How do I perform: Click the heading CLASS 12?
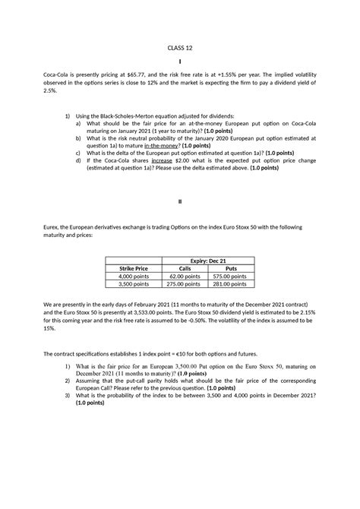click(180, 48)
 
